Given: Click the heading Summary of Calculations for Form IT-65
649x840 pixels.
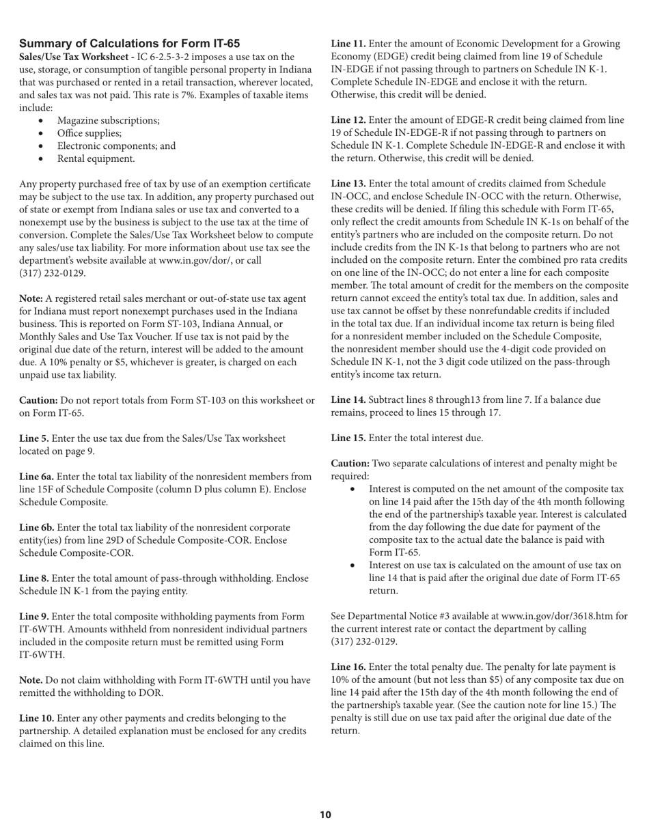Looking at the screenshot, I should click(x=129, y=44).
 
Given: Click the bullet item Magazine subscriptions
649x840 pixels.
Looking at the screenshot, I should click(x=108, y=120).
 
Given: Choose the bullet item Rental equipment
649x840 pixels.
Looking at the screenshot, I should click(x=96, y=158).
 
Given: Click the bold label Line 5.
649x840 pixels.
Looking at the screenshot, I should click(x=33, y=438).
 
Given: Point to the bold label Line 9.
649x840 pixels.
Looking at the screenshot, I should click(x=33, y=617).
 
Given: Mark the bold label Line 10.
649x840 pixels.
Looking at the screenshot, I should click(x=36, y=718).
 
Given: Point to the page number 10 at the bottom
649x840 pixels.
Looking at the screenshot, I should click(x=324, y=815).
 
